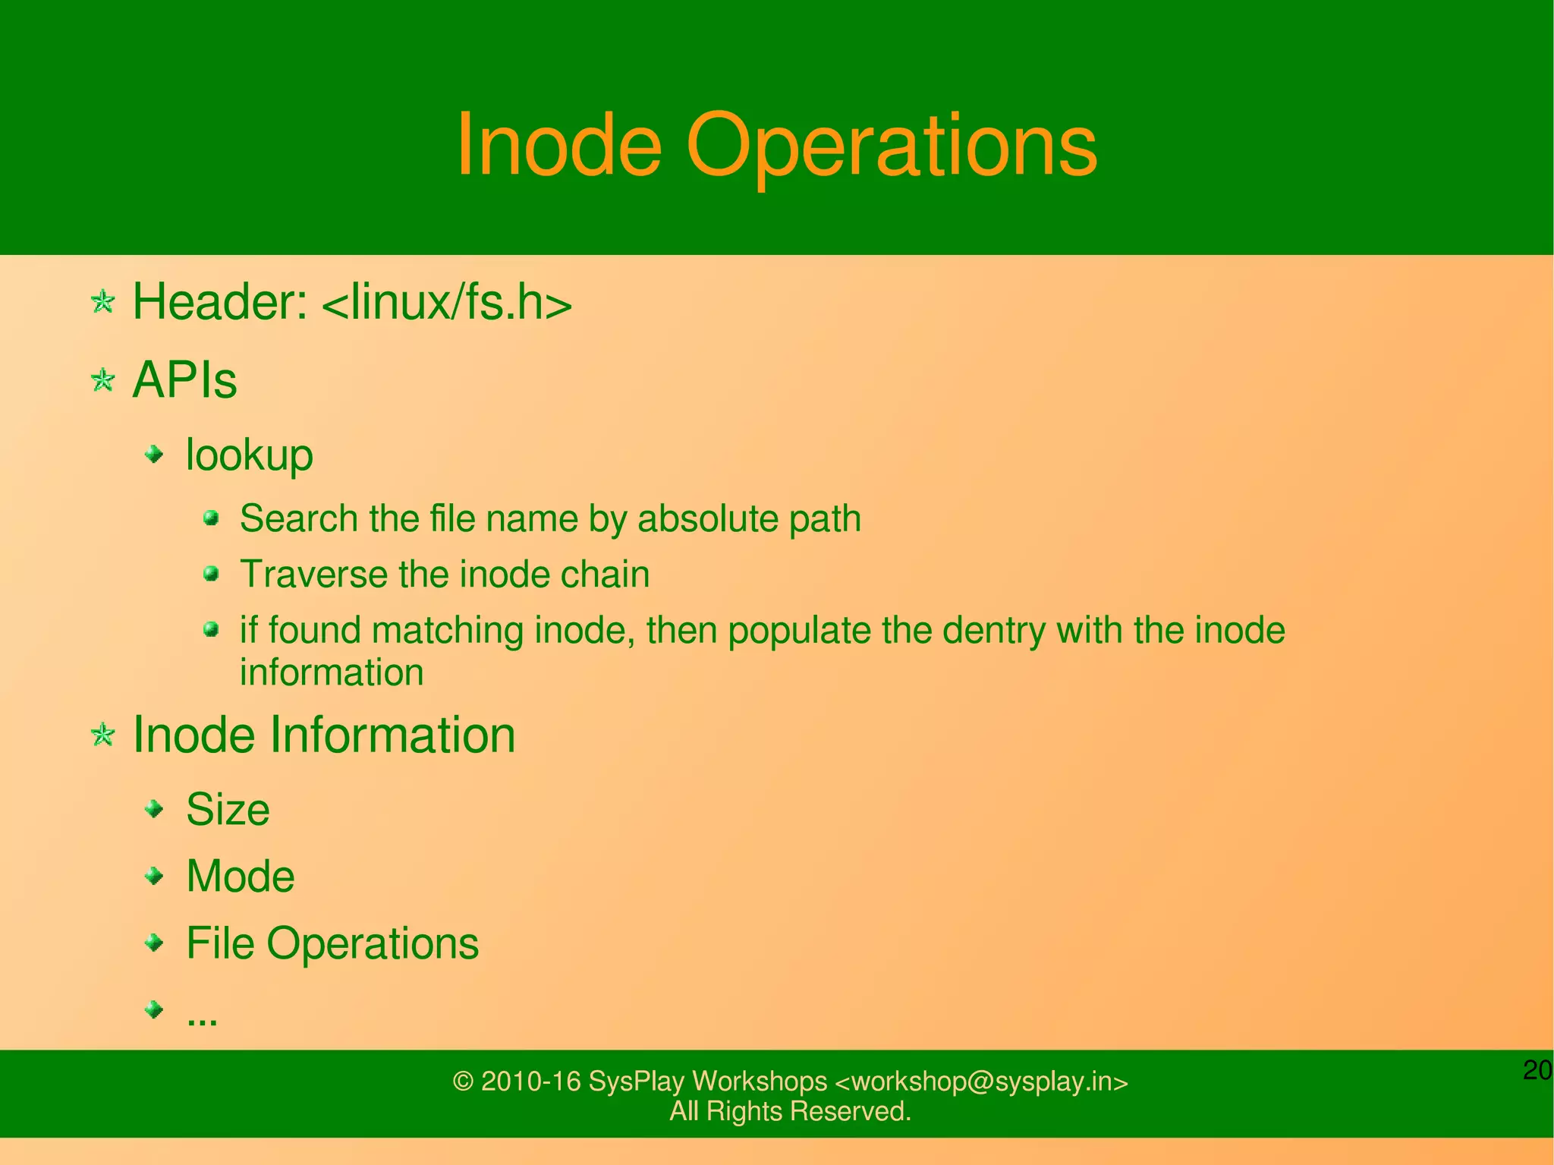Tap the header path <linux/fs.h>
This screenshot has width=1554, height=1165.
447,302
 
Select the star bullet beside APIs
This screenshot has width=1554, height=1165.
102,379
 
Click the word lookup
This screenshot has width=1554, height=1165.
249,455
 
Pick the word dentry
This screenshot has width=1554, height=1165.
994,631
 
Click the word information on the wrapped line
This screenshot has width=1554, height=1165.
332,672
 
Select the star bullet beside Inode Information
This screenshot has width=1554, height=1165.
102,735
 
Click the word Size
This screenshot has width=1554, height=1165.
228,809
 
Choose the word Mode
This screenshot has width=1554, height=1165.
240,877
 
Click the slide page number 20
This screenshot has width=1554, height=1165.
1537,1070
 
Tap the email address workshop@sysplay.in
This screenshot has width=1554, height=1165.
982,1082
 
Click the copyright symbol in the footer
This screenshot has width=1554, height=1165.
463,1082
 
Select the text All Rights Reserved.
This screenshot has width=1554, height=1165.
790,1111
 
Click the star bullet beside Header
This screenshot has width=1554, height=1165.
102,302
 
